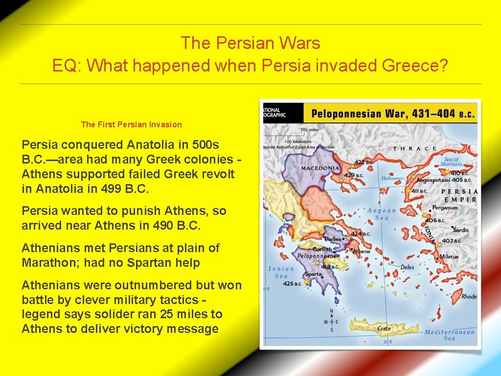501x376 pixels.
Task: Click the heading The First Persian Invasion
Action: point(131,124)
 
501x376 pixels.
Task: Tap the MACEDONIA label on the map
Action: point(320,168)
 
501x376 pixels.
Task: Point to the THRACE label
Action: point(415,148)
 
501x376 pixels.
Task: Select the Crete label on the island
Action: point(384,329)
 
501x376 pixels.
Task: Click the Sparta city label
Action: point(314,274)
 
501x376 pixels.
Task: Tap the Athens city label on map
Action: point(362,251)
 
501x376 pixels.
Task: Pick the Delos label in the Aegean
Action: point(407,267)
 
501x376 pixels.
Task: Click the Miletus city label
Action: point(449,257)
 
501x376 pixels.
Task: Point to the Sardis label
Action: point(460,230)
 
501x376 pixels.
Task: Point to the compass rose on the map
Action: point(332,322)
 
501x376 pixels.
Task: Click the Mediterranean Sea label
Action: point(449,335)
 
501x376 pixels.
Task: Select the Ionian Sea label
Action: point(281,272)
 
